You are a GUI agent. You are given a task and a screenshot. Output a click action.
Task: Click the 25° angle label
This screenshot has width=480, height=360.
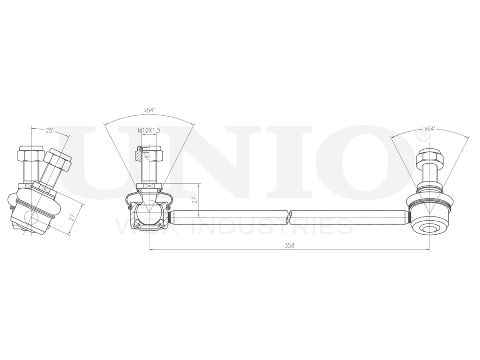pos(49,131)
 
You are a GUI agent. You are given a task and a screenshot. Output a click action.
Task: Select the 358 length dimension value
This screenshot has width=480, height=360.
pos(289,245)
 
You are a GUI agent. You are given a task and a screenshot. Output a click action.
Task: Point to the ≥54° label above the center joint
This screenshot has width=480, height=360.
pos(149,111)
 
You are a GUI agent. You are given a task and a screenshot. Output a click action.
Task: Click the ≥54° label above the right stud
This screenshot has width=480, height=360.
pos(430,129)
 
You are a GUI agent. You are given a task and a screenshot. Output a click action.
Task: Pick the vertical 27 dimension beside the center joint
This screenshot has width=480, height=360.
pos(194,201)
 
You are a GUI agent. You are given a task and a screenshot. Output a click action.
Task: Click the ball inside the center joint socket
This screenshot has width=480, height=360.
pos(149,213)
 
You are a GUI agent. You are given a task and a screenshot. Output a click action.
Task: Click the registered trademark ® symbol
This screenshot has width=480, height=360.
pos(423,137)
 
